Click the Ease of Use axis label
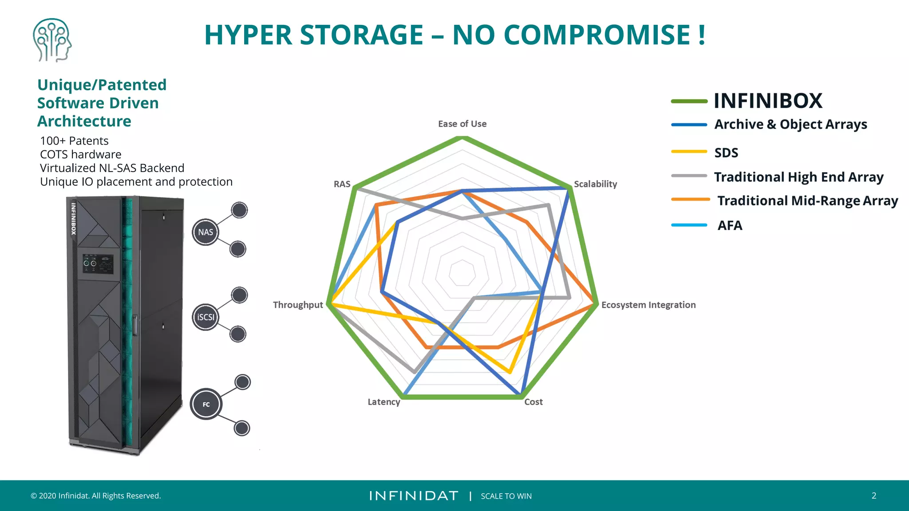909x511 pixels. (462, 124)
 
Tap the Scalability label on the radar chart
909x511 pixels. (595, 184)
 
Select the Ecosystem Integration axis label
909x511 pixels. (648, 305)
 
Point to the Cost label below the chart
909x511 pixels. (533, 402)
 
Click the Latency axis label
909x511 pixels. (383, 402)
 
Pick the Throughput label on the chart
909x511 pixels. (298, 305)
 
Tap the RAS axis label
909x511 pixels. (342, 184)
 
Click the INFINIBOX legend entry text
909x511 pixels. (768, 101)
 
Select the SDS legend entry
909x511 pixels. (726, 153)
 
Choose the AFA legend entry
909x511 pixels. (730, 225)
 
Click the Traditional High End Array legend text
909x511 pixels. (798, 177)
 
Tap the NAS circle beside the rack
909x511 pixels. (206, 232)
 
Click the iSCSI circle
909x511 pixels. (206, 317)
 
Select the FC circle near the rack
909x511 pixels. (206, 404)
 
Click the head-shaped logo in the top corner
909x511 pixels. (52, 40)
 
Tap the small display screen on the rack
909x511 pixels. (98, 264)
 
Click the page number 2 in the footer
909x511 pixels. (873, 495)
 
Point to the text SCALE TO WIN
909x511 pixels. (506, 496)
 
